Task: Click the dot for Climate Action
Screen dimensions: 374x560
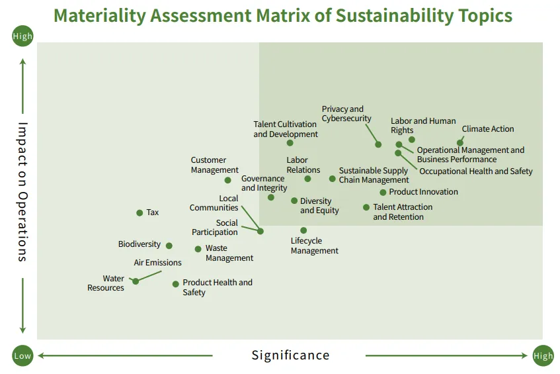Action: tap(460, 142)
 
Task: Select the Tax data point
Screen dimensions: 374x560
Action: tap(140, 212)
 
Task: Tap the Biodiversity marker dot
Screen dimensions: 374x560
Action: tap(169, 246)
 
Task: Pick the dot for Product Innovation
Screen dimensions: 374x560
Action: tap(383, 193)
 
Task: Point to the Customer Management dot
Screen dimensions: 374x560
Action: tap(228, 180)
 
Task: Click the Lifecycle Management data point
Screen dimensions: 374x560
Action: tap(303, 230)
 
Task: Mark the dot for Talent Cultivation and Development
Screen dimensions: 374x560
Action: tap(290, 143)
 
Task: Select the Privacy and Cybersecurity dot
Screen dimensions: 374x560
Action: tap(378, 144)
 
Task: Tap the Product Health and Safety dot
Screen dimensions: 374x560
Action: tap(175, 284)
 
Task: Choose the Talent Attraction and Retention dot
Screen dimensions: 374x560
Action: tap(366, 207)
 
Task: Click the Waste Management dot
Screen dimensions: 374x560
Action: tap(198, 249)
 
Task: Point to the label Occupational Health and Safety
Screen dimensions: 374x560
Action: tap(476, 171)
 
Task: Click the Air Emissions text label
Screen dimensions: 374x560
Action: tap(157, 263)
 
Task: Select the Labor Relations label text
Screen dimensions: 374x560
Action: tap(303, 165)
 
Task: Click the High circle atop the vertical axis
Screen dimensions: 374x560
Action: tap(22, 36)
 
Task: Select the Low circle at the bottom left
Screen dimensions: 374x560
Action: tap(22, 356)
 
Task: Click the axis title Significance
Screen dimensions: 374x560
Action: tap(290, 355)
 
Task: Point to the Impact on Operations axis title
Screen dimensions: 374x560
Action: tap(22, 191)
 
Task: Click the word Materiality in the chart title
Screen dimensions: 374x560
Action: tap(100, 15)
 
